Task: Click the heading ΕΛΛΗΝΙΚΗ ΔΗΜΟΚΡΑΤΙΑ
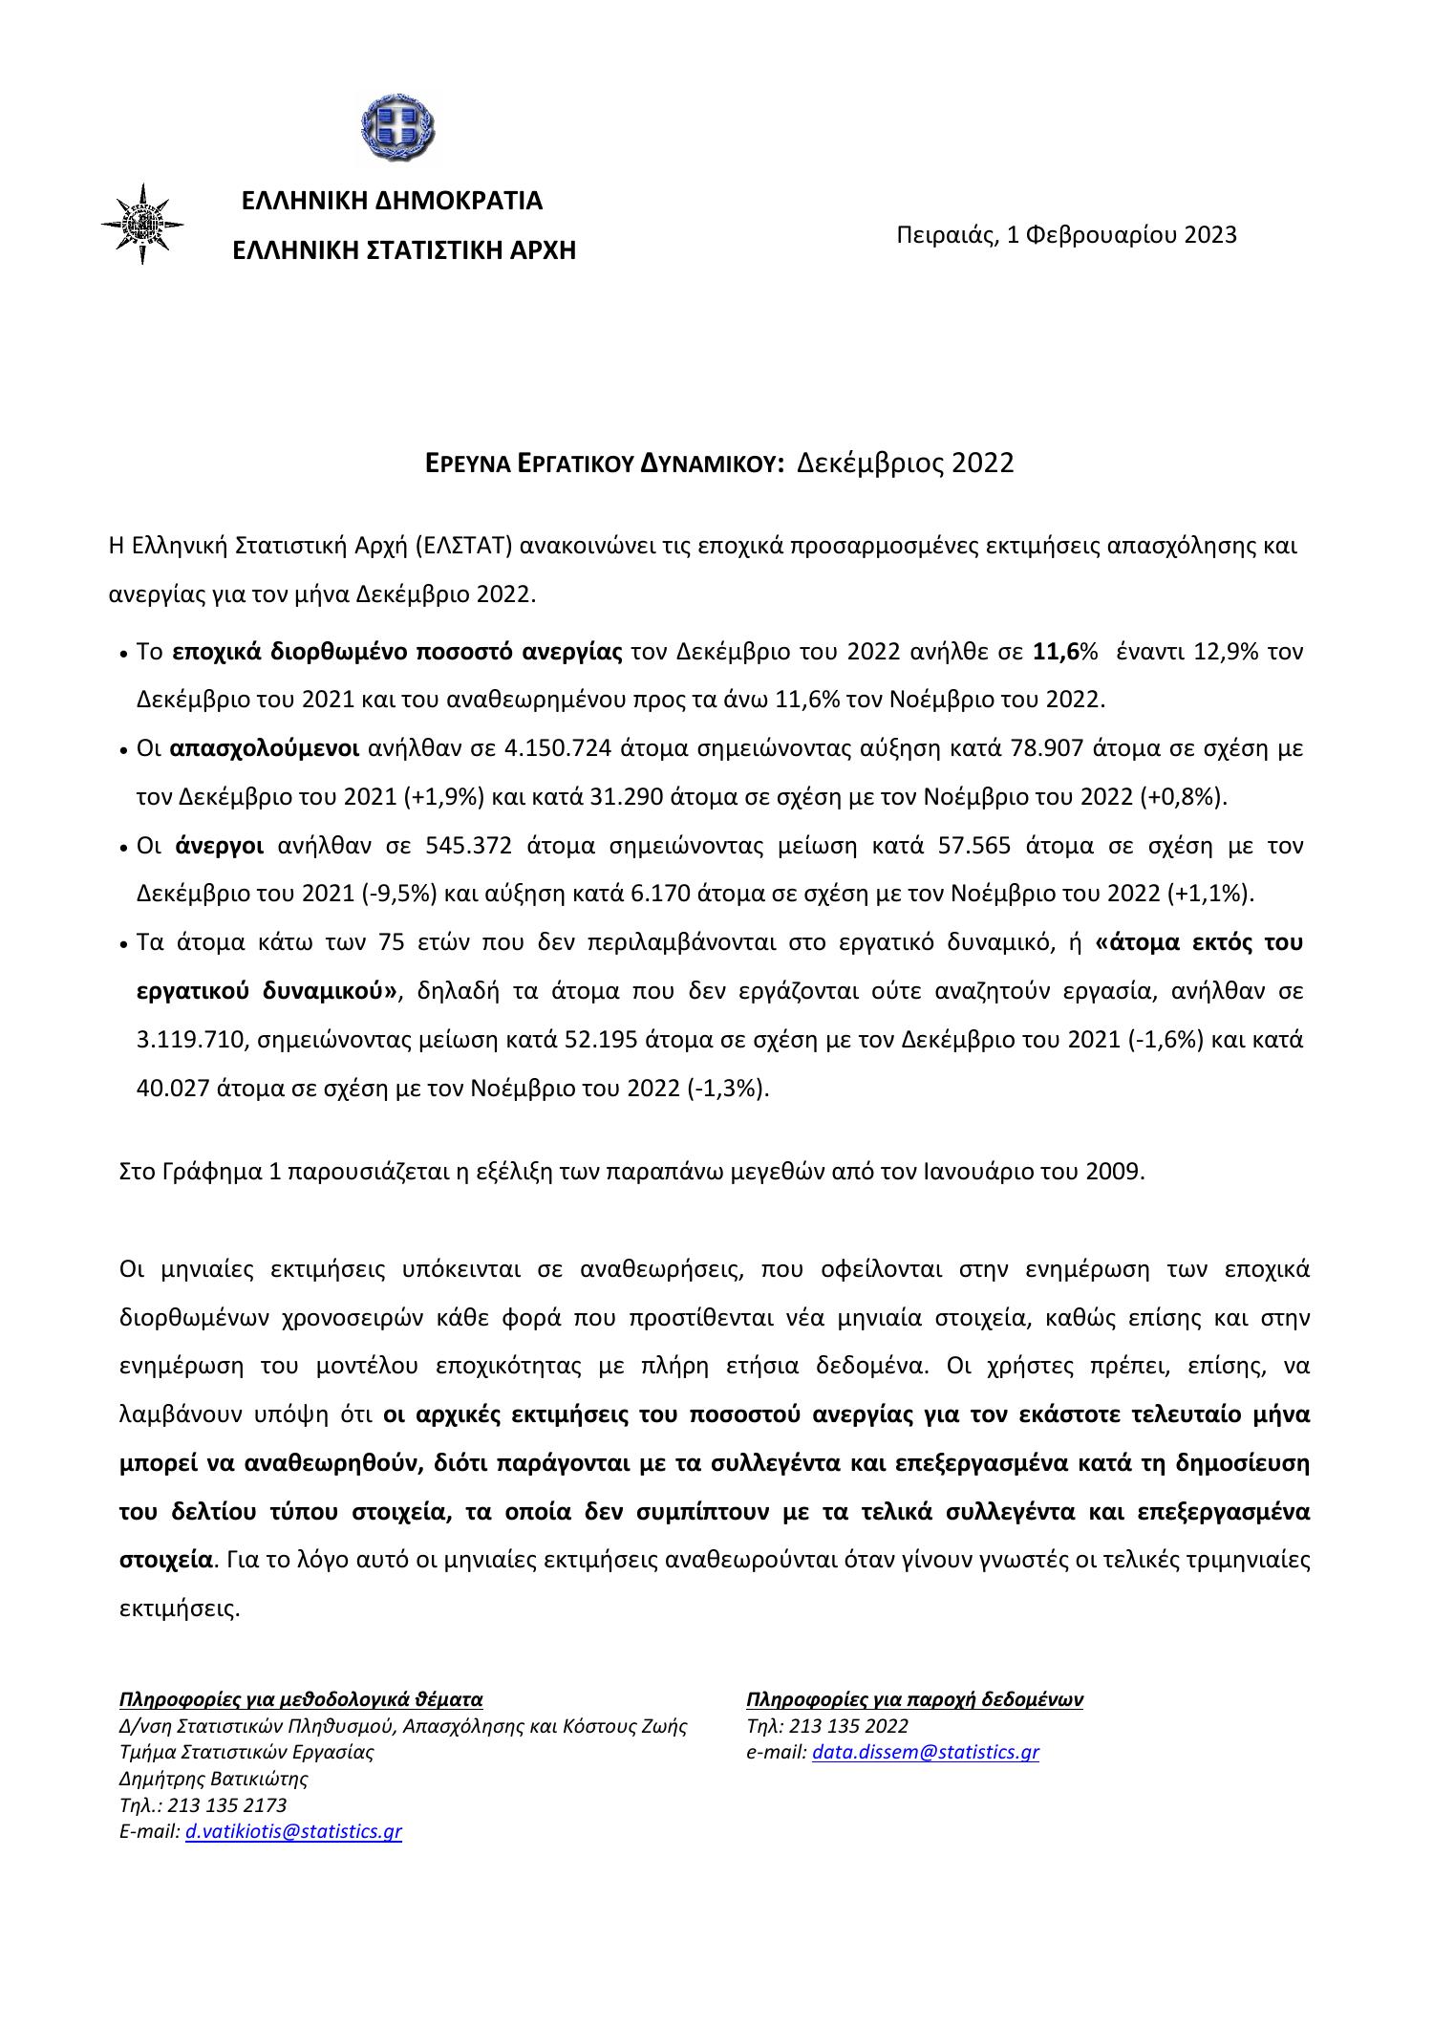[x=392, y=201]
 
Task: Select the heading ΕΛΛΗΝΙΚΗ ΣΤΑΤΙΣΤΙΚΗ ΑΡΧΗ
[x=405, y=250]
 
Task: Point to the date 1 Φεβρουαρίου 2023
[x=1122, y=234]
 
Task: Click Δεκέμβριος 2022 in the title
[x=905, y=464]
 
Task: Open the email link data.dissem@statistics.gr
[x=925, y=1752]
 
